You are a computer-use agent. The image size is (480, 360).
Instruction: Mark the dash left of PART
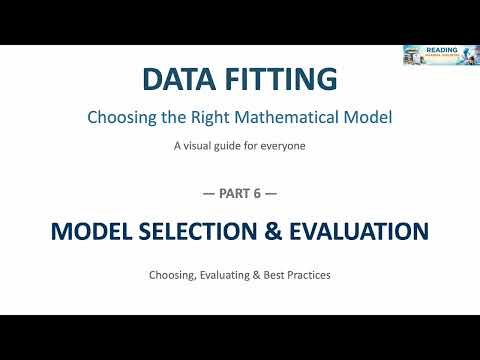coord(210,193)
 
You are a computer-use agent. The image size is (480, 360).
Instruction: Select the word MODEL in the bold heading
coord(89,232)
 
